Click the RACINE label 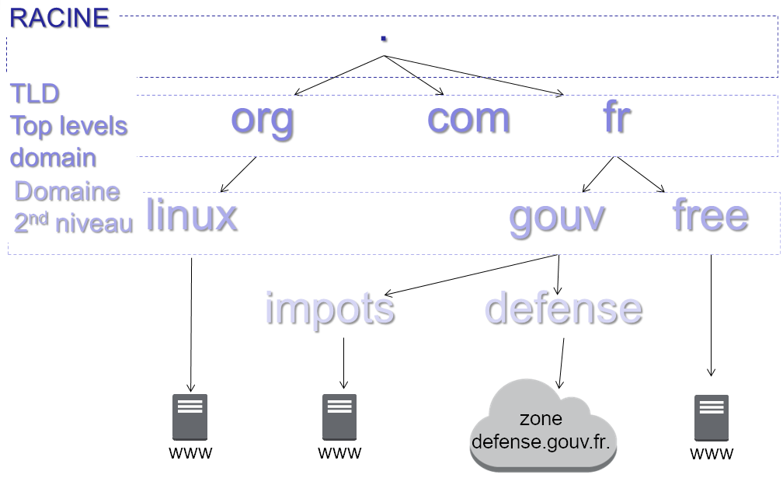[x=59, y=18]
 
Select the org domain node [x=263, y=119]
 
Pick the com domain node [x=468, y=119]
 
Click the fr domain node [x=616, y=119]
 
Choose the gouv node [x=556, y=216]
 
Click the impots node [x=330, y=309]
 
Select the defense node [x=564, y=309]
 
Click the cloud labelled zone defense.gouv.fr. [x=544, y=427]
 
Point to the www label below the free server [x=711, y=454]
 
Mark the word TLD [x=35, y=94]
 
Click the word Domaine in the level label [x=68, y=191]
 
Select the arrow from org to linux [x=238, y=175]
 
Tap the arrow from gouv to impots [x=472, y=274]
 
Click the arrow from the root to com [x=412, y=76]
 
